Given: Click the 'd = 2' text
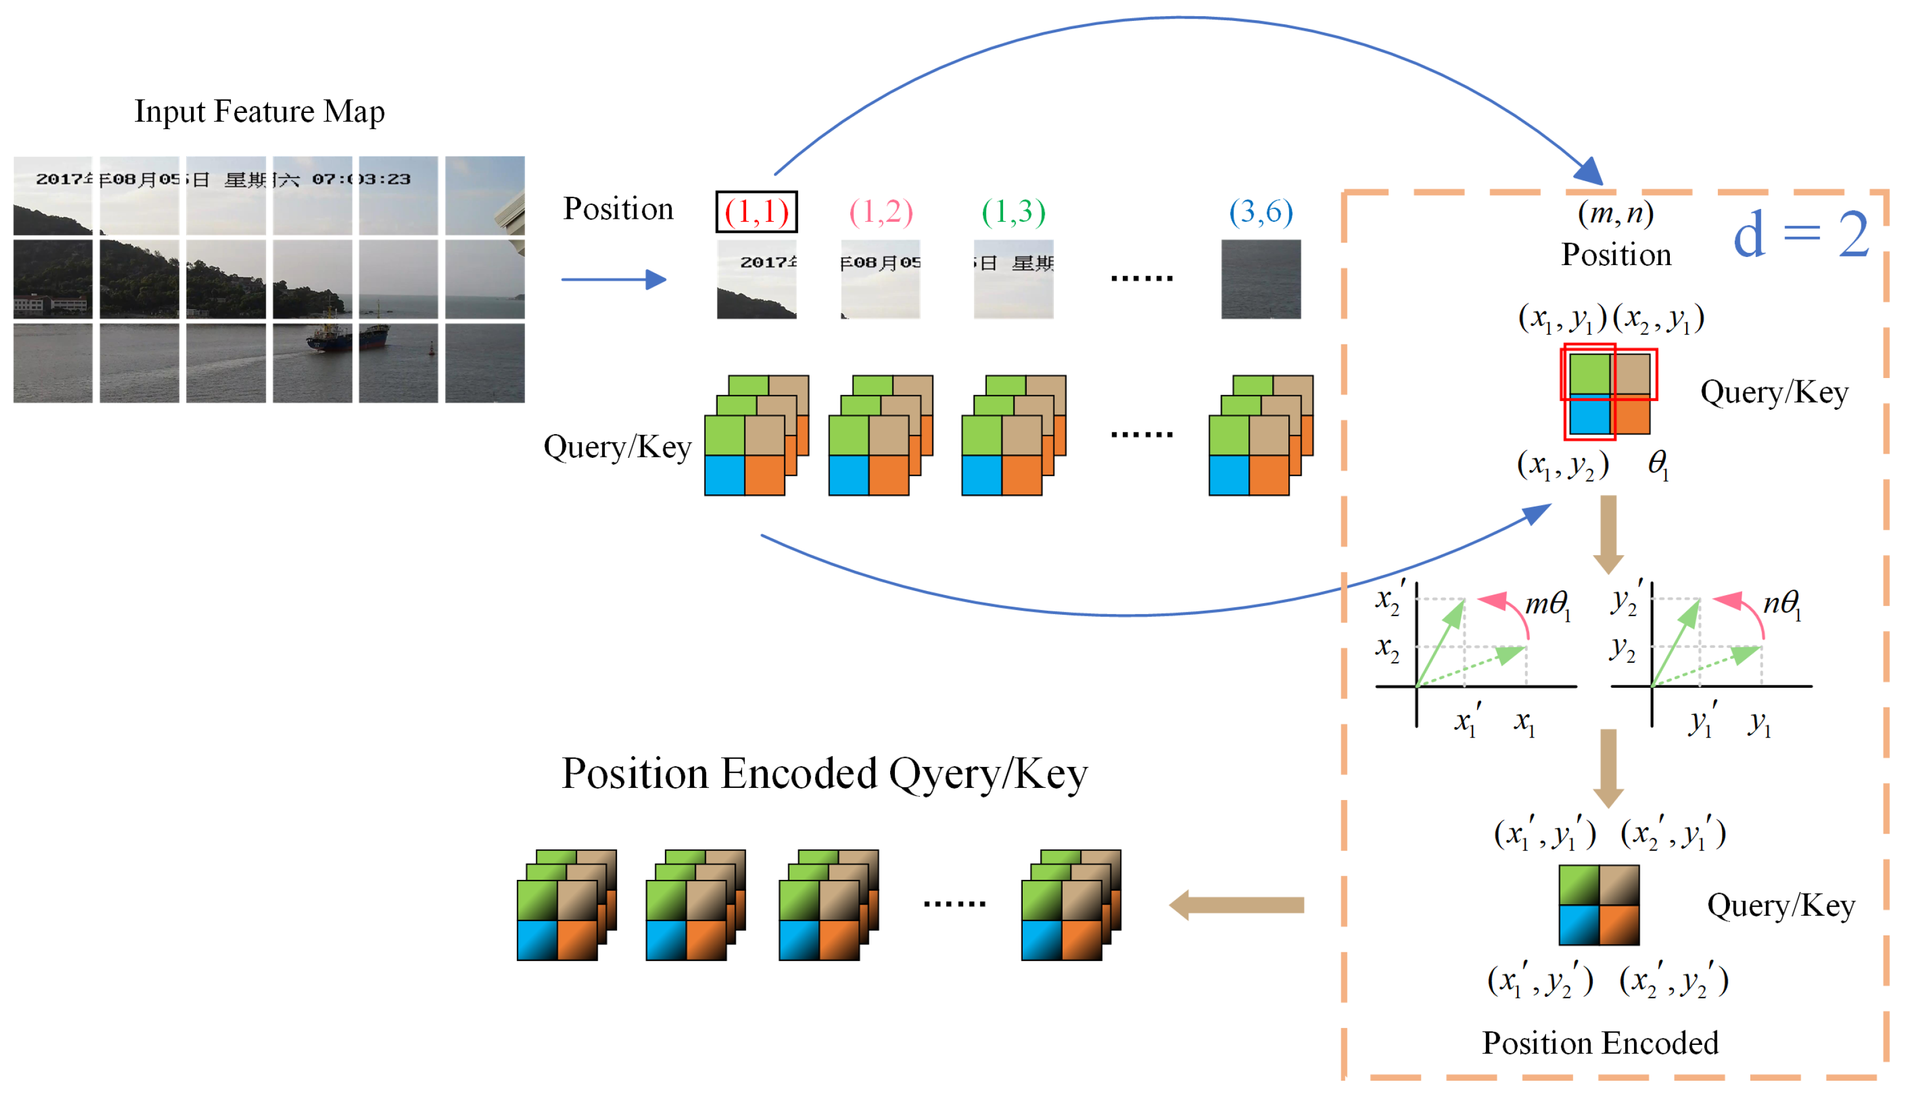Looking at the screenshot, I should [1800, 234].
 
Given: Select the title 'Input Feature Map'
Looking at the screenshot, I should [259, 111].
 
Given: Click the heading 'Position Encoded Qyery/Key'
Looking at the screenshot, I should [824, 773].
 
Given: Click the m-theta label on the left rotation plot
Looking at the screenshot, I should [1547, 604].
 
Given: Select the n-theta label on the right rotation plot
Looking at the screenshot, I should [1781, 604].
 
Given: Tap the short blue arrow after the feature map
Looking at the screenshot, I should [613, 280].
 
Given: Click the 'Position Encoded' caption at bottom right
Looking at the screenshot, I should [1599, 1043].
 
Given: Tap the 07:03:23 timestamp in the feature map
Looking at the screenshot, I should [361, 179].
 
